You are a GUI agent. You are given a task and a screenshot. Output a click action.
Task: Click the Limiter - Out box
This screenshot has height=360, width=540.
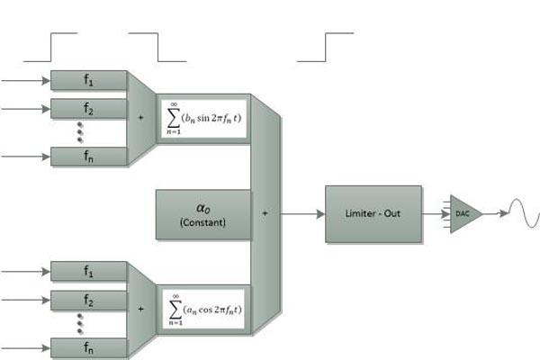pyautogui.click(x=373, y=214)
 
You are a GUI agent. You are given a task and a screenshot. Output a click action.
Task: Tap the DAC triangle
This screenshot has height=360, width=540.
pyautogui.click(x=465, y=214)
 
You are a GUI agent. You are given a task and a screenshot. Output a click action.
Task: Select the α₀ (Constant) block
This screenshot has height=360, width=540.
pyautogui.click(x=203, y=214)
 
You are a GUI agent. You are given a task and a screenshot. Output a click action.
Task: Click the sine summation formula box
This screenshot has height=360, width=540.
pyautogui.click(x=203, y=119)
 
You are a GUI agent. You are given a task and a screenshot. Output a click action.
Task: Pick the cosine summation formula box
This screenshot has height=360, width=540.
pyautogui.click(x=203, y=310)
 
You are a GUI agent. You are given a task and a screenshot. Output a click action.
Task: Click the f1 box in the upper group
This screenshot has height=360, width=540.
pyautogui.click(x=88, y=80)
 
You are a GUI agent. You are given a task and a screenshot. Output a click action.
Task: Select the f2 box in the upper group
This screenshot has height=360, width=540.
pyautogui.click(x=88, y=109)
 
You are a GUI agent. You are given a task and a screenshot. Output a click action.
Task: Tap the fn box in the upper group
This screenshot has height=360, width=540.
pyautogui.click(x=88, y=157)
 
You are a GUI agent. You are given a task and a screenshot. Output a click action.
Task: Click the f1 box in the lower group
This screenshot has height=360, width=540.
pyautogui.click(x=88, y=271)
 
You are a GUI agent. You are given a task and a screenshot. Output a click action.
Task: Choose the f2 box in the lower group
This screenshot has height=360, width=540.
pyautogui.click(x=88, y=300)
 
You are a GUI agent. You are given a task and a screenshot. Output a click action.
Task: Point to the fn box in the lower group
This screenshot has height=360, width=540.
pyautogui.click(x=88, y=348)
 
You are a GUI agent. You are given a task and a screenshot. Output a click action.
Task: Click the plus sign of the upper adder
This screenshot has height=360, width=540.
pyautogui.click(x=141, y=118)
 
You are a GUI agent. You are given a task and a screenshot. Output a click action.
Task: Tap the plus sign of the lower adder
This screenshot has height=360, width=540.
pyautogui.click(x=141, y=309)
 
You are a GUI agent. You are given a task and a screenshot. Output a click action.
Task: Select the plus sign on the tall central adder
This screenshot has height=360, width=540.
pyautogui.click(x=265, y=213)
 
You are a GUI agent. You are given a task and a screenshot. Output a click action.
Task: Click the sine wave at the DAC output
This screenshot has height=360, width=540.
pyautogui.click(x=524, y=213)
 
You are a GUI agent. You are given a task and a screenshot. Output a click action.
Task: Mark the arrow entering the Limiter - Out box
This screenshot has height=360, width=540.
pyautogui.click(x=303, y=214)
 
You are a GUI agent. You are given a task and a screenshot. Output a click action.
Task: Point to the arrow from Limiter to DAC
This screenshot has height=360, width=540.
pyautogui.click(x=436, y=214)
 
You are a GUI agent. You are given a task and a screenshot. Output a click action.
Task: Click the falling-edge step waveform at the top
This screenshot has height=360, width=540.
pyautogui.click(x=157, y=47)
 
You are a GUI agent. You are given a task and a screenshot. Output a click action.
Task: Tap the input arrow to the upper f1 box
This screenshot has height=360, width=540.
pyautogui.click(x=25, y=81)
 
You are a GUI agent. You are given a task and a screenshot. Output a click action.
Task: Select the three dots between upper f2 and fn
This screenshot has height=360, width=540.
pyautogui.click(x=80, y=132)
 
